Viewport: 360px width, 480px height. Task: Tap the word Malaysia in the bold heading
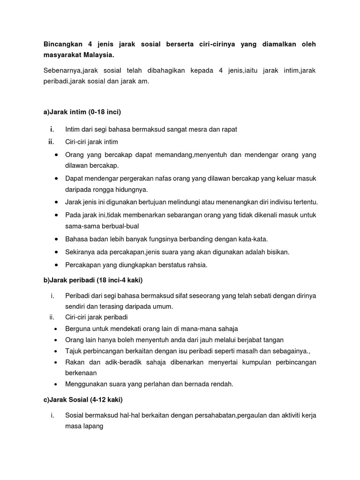(97, 55)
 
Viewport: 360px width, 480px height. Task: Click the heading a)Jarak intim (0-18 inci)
(82, 112)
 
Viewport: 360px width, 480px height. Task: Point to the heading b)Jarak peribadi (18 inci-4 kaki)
(93, 280)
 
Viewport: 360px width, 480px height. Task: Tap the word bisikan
(276, 252)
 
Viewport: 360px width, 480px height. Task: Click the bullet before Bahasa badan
(57, 239)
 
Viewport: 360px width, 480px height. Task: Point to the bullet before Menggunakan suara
(57, 384)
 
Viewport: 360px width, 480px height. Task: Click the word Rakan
(74, 362)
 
